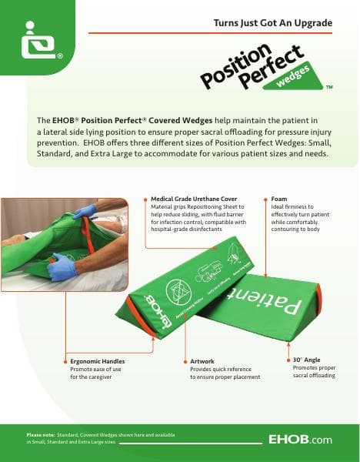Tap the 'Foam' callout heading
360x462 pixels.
point(280,199)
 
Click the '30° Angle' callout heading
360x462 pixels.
point(307,360)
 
